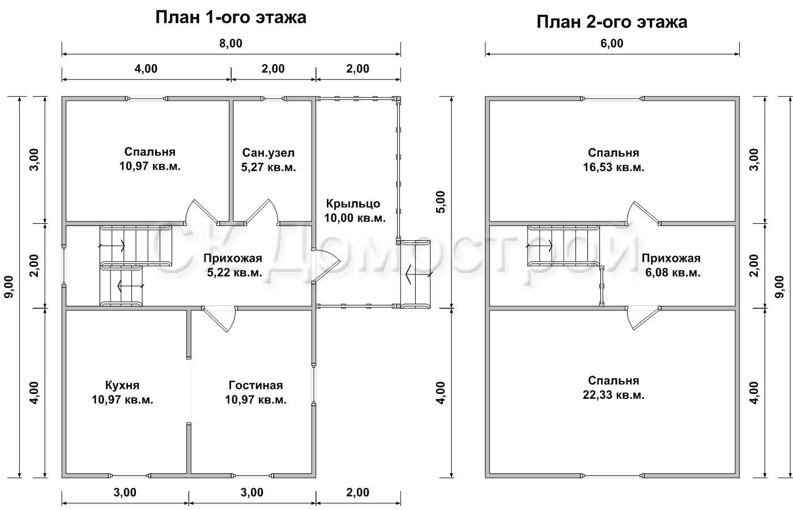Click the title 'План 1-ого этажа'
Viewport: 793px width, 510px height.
point(231,18)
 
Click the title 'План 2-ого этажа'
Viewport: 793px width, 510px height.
point(612,22)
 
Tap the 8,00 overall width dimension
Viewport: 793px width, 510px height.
point(231,44)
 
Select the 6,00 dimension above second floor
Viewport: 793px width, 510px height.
point(612,44)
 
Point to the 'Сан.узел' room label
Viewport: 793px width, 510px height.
point(268,152)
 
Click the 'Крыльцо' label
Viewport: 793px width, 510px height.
point(353,203)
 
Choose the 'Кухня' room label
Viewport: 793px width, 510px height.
point(122,385)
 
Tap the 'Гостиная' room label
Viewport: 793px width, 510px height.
point(256,385)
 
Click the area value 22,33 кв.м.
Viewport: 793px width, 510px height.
point(613,395)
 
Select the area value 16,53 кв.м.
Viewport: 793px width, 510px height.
point(613,167)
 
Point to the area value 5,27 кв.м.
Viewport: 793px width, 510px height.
point(268,167)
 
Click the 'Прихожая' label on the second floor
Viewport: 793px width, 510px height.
point(671,258)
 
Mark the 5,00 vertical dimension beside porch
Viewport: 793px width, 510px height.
point(441,202)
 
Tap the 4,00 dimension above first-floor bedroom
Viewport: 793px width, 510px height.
point(146,69)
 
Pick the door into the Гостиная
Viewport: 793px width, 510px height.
point(220,318)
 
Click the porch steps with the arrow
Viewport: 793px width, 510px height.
point(416,273)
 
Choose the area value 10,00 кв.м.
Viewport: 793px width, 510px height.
point(355,218)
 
